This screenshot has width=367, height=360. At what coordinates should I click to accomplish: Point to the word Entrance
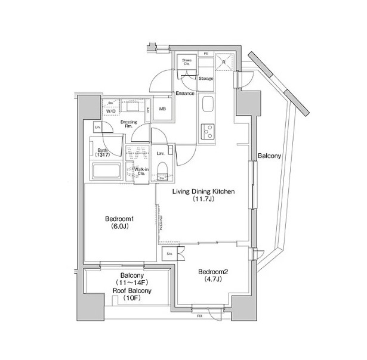[x=185, y=93]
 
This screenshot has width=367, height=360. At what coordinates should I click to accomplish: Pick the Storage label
[x=206, y=78]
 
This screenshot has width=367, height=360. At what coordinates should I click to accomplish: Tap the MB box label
[x=162, y=108]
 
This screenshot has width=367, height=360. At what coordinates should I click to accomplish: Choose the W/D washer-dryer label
[x=111, y=111]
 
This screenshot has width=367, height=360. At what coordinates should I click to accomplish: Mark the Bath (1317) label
[x=102, y=153]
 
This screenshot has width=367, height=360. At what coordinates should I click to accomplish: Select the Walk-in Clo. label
[x=141, y=172]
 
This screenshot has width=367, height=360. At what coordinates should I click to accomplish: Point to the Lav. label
[x=160, y=153]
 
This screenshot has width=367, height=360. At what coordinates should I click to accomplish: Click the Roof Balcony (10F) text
[x=132, y=296]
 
